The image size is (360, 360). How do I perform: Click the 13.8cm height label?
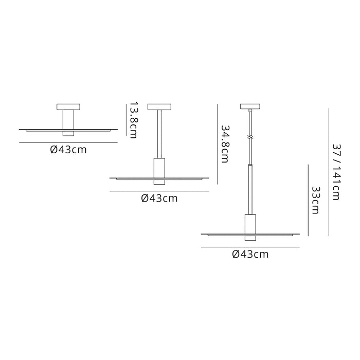134,120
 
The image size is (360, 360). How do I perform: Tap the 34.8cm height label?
225,144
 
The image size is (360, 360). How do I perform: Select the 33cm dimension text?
316,200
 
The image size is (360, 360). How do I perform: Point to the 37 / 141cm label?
337,172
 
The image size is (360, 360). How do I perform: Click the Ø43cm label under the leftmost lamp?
68,150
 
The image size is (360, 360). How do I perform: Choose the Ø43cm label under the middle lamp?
159,199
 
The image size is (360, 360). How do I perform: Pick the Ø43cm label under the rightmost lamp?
250,255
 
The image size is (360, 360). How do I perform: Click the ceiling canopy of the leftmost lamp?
68,107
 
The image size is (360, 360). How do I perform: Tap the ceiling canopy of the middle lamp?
159,107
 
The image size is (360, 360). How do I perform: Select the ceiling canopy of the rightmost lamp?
250,106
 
